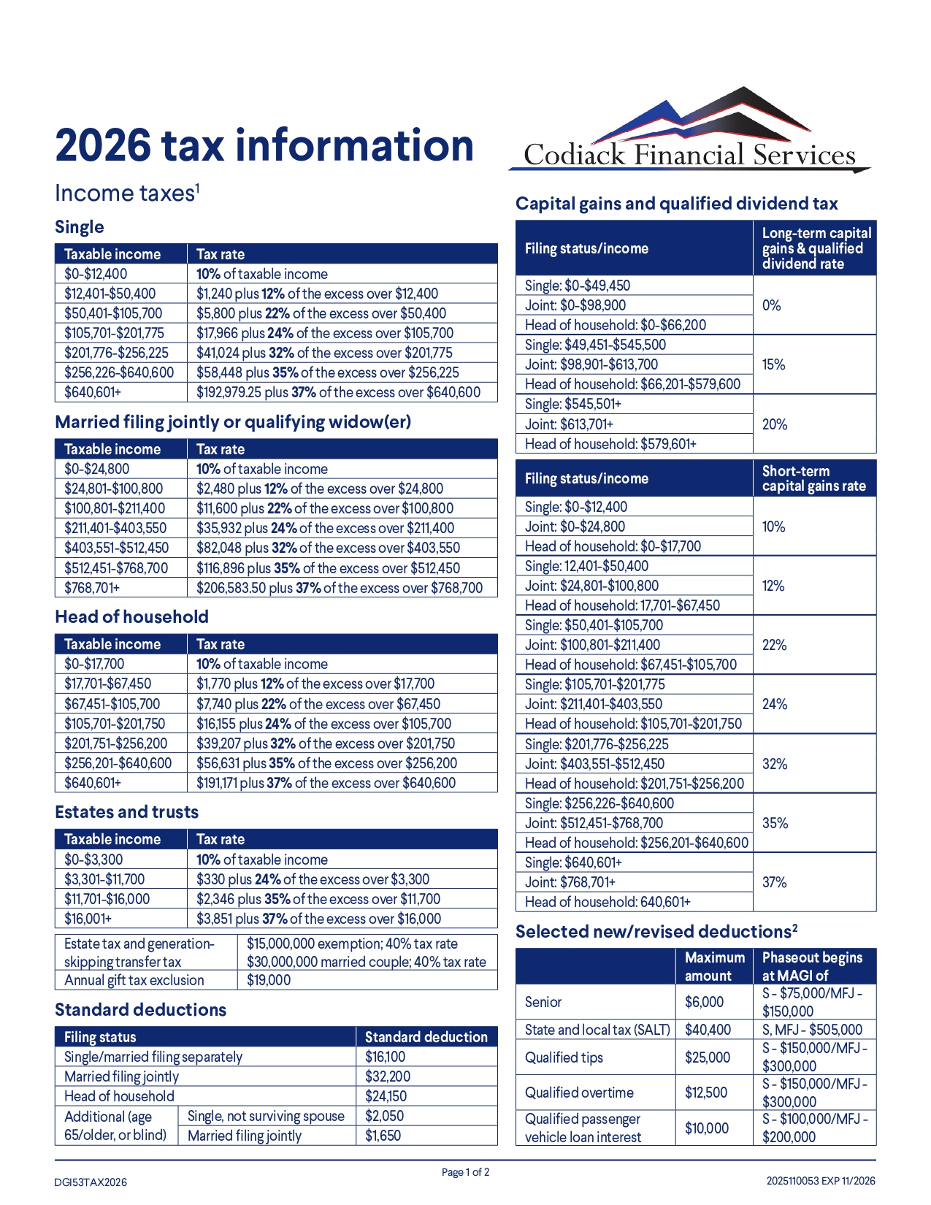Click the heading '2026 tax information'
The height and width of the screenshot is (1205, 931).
[x=264, y=145]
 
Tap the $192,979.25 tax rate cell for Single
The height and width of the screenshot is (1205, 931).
[x=338, y=392]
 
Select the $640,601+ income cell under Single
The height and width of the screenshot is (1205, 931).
[x=93, y=392]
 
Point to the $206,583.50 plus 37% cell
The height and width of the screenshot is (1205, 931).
[x=340, y=588]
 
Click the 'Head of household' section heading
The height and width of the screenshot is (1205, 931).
[x=131, y=617]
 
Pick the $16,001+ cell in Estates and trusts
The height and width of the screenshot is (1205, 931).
[x=88, y=919]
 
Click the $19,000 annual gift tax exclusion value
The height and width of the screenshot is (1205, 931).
[x=269, y=980]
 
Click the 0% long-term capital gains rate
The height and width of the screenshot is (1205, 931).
[x=771, y=305]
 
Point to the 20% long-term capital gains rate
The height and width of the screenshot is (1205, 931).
[x=774, y=424]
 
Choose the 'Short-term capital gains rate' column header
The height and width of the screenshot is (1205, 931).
[x=813, y=478]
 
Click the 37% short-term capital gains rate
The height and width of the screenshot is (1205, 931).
[x=774, y=882]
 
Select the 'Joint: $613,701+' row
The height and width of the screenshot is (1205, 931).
[x=569, y=424]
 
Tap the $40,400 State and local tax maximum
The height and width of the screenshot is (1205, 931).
[x=708, y=1030]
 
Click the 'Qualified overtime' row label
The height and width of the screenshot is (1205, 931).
[x=579, y=1093]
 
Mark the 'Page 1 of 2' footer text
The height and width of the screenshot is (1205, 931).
[x=465, y=1172]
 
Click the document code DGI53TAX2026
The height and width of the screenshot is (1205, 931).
[x=91, y=1182]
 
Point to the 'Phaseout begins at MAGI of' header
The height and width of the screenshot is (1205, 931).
[x=812, y=966]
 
